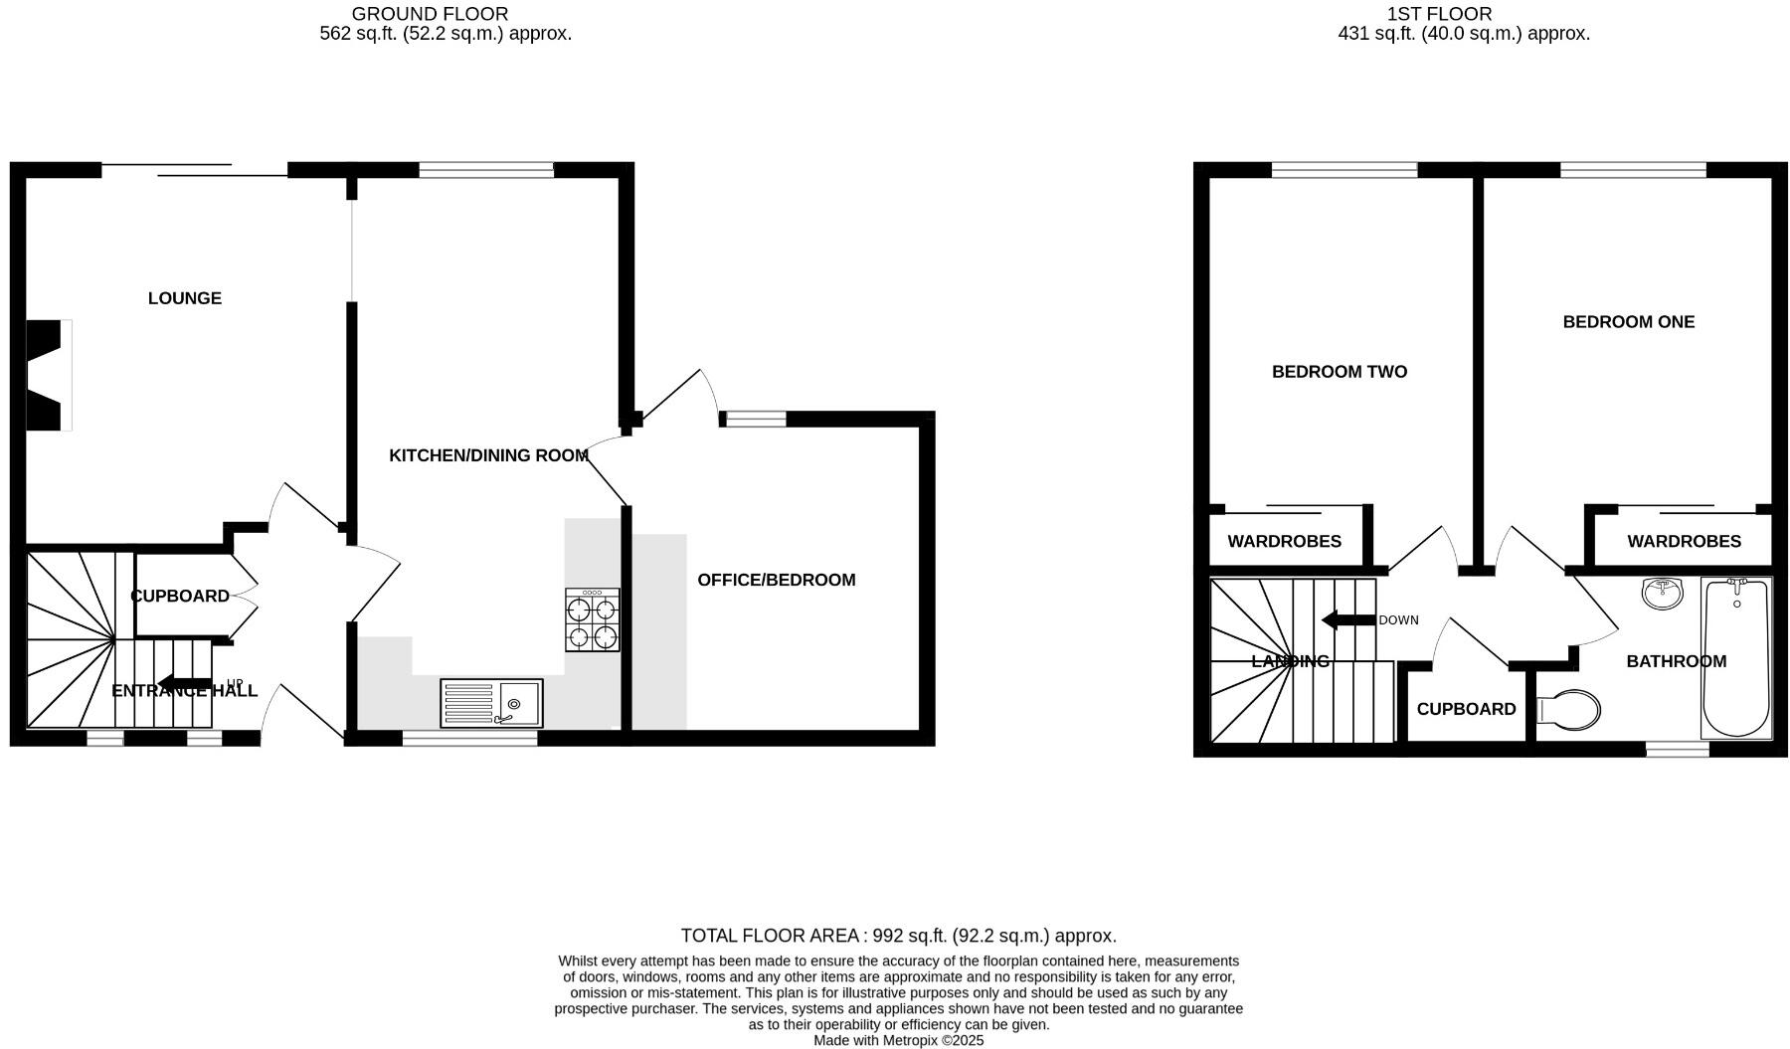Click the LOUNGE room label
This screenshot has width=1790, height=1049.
click(185, 298)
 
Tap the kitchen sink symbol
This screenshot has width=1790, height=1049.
click(491, 703)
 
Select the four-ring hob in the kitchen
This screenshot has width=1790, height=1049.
click(593, 620)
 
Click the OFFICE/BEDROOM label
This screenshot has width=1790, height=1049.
click(776, 580)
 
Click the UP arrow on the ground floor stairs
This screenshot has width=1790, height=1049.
click(185, 683)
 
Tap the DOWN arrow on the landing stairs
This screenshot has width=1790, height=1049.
click(1347, 620)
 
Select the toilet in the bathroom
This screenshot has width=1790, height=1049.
click(1569, 710)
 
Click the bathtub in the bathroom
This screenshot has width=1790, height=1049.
click(1736, 658)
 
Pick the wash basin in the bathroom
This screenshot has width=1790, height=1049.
click(1662, 594)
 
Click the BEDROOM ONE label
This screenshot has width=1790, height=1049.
click(1628, 322)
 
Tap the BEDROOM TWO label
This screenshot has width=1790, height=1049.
click(1339, 372)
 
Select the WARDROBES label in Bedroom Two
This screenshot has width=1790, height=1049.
click(1284, 542)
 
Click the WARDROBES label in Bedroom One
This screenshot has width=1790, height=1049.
click(1684, 542)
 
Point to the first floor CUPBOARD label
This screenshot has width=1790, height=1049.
click(1466, 709)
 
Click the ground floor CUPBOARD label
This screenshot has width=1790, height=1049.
click(180, 596)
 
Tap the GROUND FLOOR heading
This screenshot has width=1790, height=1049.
click(430, 14)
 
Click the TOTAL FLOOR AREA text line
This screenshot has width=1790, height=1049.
click(898, 936)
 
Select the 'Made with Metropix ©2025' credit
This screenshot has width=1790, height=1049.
click(898, 1040)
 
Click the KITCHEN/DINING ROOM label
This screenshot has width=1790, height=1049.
click(488, 455)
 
